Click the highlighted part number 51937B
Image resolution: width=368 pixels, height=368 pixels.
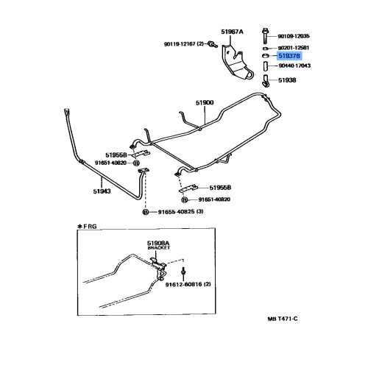[x=289, y=56]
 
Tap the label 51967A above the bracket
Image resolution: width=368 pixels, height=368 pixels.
[x=232, y=32]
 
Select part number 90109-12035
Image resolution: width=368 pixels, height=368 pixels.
[x=294, y=36]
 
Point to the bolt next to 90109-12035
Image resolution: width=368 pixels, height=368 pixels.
[x=265, y=36]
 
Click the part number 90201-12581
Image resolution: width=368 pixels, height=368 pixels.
[x=294, y=48]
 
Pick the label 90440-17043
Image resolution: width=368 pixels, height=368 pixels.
[x=294, y=66]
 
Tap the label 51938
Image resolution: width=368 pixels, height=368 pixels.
[x=287, y=80]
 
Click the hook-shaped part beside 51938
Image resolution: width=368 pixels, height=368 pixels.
[x=266, y=81]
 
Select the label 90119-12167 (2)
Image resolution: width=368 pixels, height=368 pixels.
[x=184, y=44]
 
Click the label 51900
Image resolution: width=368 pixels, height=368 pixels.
[x=205, y=102]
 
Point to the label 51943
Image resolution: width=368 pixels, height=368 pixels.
[x=102, y=191]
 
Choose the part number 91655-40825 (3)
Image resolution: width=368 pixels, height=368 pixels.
[x=180, y=211]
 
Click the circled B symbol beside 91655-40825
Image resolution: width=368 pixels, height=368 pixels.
[x=146, y=212]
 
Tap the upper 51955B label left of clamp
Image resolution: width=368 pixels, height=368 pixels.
[x=116, y=155]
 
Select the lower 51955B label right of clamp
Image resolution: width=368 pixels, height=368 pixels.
[x=220, y=188]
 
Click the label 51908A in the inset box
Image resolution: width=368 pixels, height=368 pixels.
[x=158, y=243]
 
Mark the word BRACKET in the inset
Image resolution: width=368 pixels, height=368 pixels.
[x=159, y=248]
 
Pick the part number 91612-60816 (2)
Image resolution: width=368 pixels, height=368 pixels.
[x=188, y=284]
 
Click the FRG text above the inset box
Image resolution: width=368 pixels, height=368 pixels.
[x=90, y=226]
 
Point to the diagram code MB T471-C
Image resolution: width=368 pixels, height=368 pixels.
[x=283, y=319]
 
